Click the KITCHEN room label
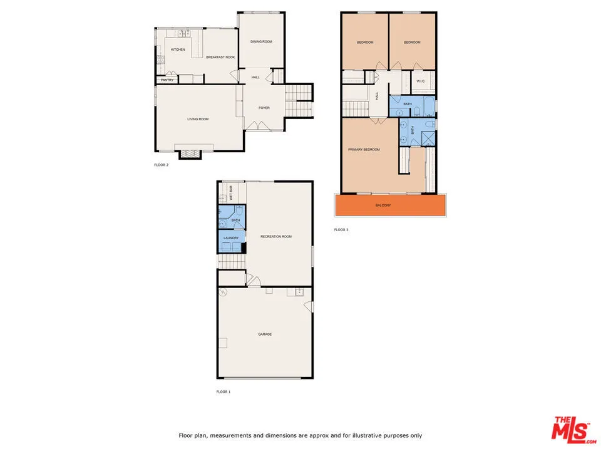(178, 49)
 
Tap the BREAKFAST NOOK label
(221, 57)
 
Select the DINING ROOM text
(261, 41)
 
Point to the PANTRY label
(167, 80)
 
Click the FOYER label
(264, 108)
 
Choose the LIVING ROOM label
(198, 119)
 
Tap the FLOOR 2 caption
(161, 165)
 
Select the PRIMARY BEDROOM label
(364, 150)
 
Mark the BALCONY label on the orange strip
(384, 205)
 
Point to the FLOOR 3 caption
(341, 230)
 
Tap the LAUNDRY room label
(231, 239)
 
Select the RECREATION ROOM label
(276, 237)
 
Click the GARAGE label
(265, 334)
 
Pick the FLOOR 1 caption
(223, 392)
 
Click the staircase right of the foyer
(299, 100)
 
